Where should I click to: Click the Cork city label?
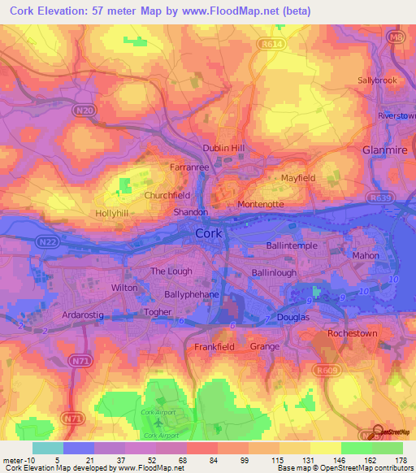(x=209, y=233)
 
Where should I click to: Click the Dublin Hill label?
(x=223, y=148)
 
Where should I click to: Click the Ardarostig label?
(x=84, y=313)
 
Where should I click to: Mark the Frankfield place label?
(x=214, y=347)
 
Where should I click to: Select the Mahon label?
(x=366, y=254)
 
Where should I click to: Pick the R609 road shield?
(x=327, y=371)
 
